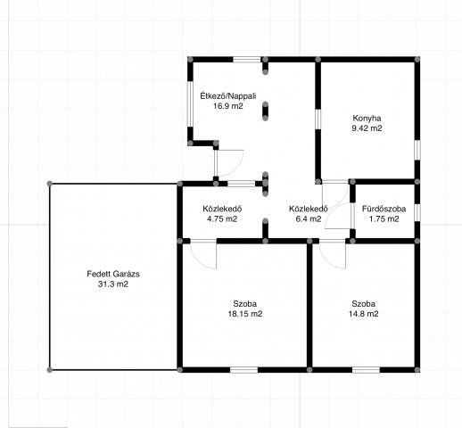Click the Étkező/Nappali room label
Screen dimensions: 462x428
[228, 96]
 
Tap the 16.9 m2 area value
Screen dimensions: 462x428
[228, 106]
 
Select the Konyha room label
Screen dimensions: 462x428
[367, 118]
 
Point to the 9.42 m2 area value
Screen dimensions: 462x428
[367, 128]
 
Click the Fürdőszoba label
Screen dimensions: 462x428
[384, 209]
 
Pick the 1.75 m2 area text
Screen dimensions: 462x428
[384, 219]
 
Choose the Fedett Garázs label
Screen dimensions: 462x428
[113, 274]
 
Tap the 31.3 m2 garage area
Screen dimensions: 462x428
[113, 284]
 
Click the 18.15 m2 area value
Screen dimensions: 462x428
[245, 314]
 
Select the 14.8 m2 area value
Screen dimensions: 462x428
[364, 314]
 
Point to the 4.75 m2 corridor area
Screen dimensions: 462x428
[222, 219]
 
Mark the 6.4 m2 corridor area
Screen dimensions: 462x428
[309, 219]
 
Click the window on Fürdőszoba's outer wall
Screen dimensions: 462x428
[417, 212]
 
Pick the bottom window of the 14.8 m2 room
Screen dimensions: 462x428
[366, 370]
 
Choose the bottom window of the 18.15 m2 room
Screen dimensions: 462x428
[243, 370]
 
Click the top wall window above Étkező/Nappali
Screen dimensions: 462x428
[247, 60]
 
